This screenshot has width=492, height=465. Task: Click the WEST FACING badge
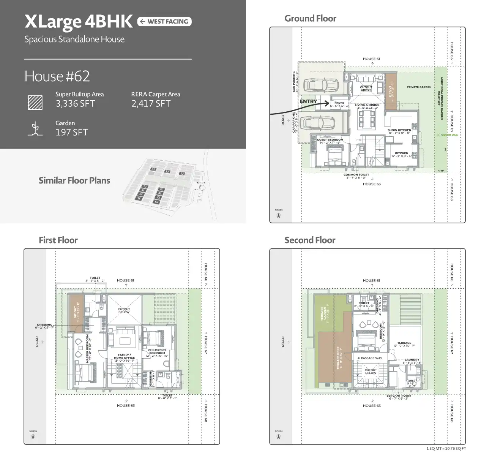tap(164, 22)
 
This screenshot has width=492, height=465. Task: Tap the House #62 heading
tap(57, 76)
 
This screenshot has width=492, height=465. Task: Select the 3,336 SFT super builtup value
tap(75, 104)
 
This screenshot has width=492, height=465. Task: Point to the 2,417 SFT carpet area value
tap(151, 104)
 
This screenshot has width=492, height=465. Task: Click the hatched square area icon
tap(35, 103)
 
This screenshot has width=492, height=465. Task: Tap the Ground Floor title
tap(310, 19)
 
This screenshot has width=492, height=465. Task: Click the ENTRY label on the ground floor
tap(308, 101)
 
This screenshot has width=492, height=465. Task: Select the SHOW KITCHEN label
tap(399, 130)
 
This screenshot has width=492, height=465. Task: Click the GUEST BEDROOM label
tap(330, 140)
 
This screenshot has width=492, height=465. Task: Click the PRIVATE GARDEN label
tap(419, 87)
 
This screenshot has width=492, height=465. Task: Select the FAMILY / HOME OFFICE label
tap(125, 356)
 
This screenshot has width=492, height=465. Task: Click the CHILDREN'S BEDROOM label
tap(157, 351)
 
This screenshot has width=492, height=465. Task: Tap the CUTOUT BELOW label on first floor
tap(124, 310)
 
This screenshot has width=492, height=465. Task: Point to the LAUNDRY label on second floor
tap(412, 360)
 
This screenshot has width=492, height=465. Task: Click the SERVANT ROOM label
tap(399, 396)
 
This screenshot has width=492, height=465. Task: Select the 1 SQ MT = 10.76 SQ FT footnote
tap(446, 449)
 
